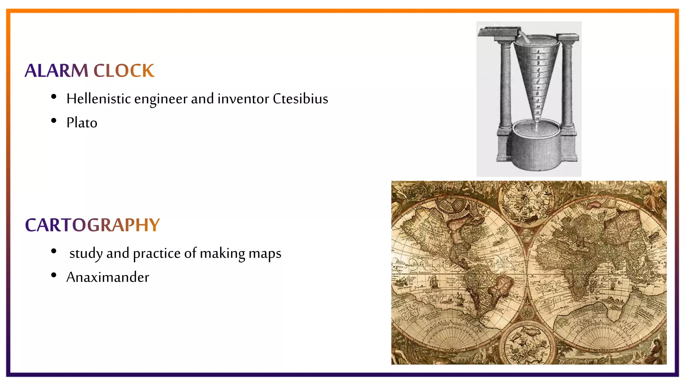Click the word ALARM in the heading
click(x=56, y=71)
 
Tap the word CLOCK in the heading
click(x=124, y=71)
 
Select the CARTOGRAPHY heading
click(x=92, y=225)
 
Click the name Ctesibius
click(x=300, y=99)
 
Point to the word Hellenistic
click(x=98, y=99)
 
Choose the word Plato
click(x=82, y=123)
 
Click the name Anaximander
click(x=108, y=277)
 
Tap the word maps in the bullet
click(x=265, y=254)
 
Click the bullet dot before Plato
click(x=54, y=121)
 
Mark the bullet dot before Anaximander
click(x=54, y=275)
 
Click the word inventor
click(x=243, y=99)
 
